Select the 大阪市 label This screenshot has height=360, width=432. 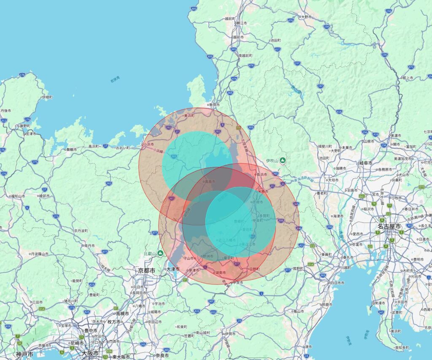coord(90,353)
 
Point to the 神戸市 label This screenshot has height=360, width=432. coord(24,354)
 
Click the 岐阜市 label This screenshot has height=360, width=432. coord(365,162)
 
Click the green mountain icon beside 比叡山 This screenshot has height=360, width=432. coord(160,253)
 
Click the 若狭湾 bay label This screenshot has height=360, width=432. coord(115,79)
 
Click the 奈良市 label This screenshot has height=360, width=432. coord(162,355)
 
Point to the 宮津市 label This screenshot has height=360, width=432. coord(30,133)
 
